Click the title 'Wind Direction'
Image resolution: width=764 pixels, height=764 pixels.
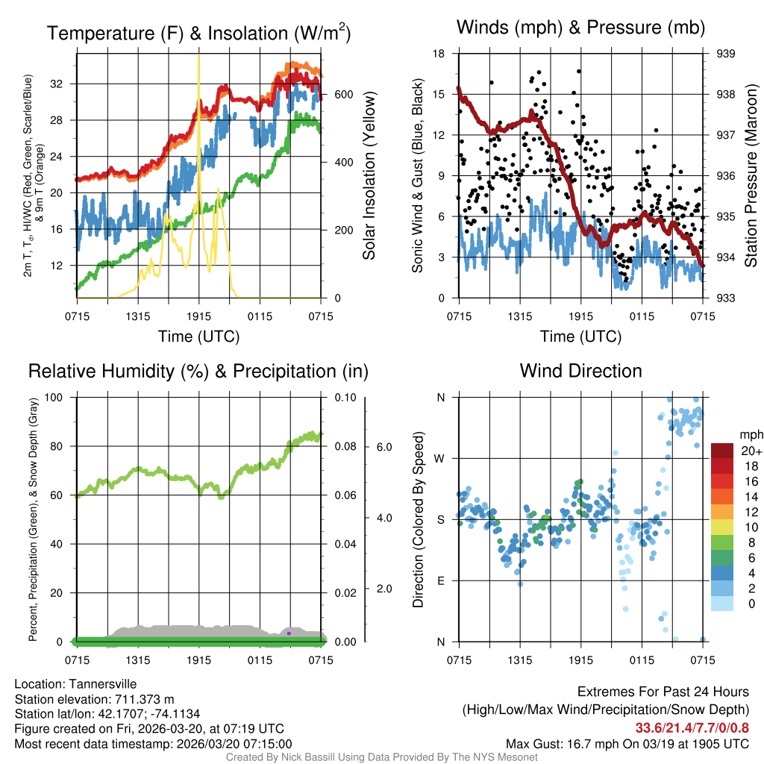(580, 371)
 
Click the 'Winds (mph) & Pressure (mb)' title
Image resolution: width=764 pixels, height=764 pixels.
(580, 28)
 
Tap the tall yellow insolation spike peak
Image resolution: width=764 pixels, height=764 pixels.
(198, 57)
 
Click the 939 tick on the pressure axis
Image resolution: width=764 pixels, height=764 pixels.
(726, 54)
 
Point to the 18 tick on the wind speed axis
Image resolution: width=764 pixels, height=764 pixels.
(439, 54)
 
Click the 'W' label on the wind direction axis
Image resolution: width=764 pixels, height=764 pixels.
(440, 458)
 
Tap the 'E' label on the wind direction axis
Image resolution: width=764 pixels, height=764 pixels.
(440, 580)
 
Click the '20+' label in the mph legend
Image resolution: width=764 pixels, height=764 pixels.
(750, 451)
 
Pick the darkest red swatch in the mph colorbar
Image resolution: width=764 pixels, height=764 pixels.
(723, 451)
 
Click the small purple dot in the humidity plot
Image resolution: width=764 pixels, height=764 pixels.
(289, 633)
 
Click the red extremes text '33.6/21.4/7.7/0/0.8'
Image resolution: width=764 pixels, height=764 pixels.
(692, 728)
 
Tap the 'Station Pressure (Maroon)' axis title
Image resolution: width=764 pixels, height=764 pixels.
(751, 176)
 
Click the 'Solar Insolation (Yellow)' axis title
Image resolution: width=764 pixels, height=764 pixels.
(369, 176)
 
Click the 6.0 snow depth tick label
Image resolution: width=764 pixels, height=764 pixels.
(383, 446)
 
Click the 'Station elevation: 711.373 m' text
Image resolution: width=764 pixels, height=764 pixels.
(94, 699)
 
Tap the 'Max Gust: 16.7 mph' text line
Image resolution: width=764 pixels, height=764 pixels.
(627, 743)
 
